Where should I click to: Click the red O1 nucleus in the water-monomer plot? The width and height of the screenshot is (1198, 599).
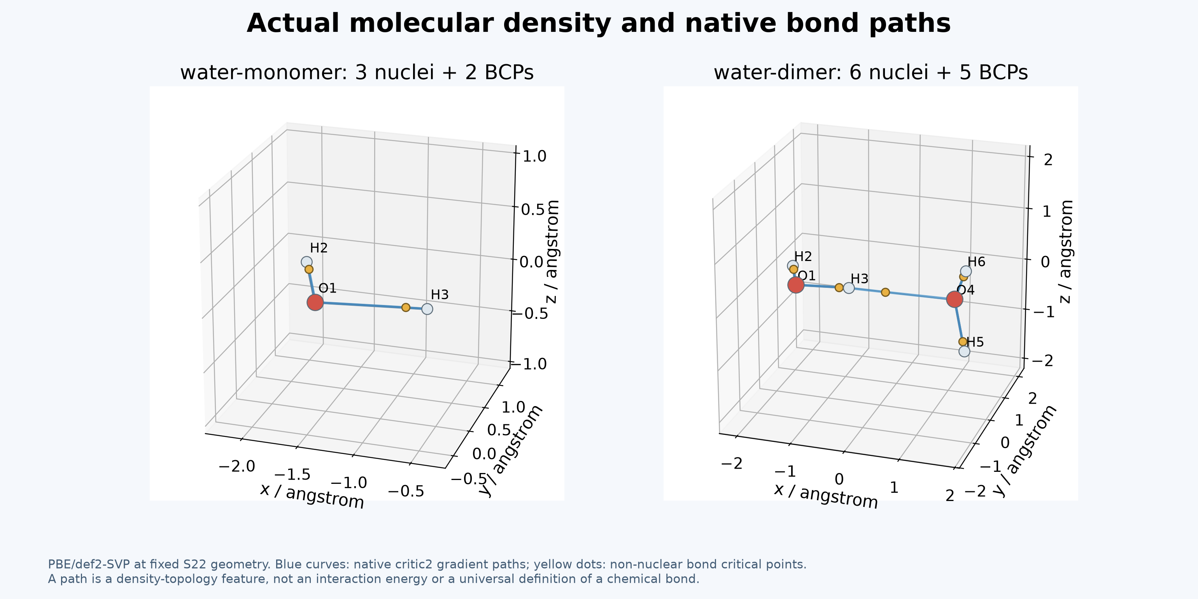coord(315,302)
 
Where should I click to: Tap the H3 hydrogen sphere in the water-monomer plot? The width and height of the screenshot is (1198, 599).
coord(427,309)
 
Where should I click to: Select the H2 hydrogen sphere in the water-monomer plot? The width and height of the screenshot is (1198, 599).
coord(306,262)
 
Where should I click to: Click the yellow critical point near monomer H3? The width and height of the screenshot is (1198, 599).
coord(406,307)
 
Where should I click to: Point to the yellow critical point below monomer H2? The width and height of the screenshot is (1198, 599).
coord(309,269)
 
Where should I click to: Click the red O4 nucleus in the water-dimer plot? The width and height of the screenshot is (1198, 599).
coord(954,299)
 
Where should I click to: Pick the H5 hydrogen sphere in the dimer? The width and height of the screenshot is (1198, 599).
coord(964,351)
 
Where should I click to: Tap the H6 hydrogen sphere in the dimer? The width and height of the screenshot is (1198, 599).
coord(965,271)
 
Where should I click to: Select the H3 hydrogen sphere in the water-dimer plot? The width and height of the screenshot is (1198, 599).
coord(849,288)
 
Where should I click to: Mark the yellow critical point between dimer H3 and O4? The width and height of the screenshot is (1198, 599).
coord(885,292)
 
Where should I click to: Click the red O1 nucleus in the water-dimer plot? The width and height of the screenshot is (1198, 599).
coord(796,285)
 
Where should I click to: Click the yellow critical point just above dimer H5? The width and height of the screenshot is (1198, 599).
coord(962,342)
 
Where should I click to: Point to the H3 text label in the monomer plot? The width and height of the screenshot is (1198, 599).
coord(440,295)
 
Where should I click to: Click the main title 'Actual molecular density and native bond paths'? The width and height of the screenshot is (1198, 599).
coord(599,23)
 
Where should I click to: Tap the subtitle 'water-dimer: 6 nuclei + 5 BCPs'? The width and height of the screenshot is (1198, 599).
coord(870,73)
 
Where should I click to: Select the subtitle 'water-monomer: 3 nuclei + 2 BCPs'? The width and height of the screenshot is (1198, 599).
coord(357,73)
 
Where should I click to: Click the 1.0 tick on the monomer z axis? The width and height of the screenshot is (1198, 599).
coord(535,156)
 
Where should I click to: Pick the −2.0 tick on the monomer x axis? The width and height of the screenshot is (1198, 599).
coord(237,466)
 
